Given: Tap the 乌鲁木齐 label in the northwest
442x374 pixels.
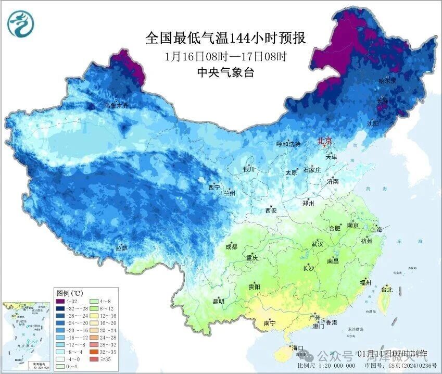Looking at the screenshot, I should coord(116,105).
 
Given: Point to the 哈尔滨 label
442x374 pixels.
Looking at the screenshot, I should coord(387,81).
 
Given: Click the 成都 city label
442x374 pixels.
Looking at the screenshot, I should coord(232,247).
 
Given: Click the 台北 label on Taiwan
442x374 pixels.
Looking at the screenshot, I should coord(387,289).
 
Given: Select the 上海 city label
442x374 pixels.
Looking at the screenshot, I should coord(376,229).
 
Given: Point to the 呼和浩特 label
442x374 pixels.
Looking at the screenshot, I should coord(288,144).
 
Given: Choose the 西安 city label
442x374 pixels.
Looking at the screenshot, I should coord(271,210).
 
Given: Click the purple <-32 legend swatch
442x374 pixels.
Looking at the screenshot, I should coord(60,301).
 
